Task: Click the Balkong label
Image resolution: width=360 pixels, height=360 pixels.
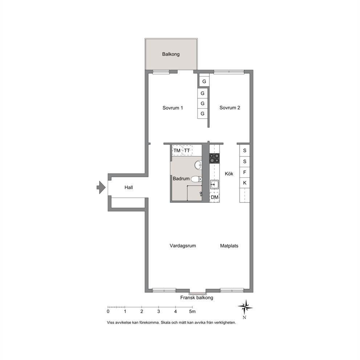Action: tap(171, 54)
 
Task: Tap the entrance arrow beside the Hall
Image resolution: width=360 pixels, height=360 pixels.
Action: tap(101, 187)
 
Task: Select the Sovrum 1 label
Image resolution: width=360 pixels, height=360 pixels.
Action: tap(173, 108)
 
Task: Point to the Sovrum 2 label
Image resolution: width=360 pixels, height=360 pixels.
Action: tap(230, 108)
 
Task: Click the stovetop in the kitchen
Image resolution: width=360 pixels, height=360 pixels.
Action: tap(214, 159)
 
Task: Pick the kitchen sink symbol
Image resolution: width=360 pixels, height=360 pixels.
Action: tap(214, 184)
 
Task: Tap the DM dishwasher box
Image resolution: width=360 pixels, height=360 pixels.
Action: tap(215, 197)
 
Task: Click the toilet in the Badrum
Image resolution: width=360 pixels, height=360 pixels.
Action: tap(197, 179)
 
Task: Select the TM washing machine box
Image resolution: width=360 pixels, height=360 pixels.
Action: tap(177, 151)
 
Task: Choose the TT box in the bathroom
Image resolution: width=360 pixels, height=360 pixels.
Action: tap(187, 151)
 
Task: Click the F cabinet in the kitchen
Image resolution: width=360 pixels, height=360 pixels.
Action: tap(245, 172)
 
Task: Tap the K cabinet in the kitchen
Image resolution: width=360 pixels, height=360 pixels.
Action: tap(245, 183)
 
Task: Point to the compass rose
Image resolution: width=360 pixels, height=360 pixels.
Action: tap(245, 307)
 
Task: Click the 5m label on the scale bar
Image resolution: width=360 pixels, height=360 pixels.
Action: tap(192, 312)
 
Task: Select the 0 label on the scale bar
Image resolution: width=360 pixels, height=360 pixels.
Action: tap(108, 312)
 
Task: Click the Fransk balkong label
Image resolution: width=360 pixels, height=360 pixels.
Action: tap(197, 298)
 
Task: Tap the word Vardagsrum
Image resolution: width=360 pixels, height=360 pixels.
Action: tap(183, 246)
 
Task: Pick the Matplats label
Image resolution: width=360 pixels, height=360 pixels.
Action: tap(229, 246)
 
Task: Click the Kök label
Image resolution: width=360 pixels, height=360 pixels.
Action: tap(229, 174)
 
